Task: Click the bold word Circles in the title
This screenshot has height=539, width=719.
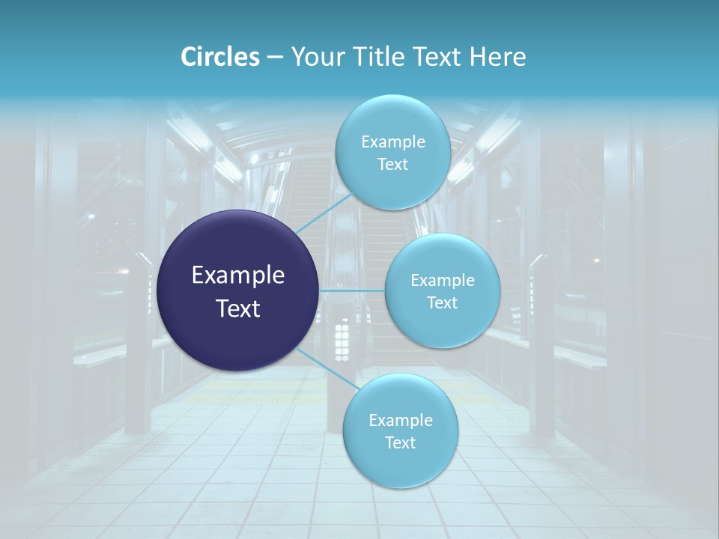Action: click(220, 57)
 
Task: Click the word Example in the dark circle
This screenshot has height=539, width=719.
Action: click(238, 275)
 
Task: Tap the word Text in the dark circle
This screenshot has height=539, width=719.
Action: click(238, 308)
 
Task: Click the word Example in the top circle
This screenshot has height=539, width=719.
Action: click(393, 142)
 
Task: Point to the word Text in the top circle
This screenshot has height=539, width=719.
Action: click(392, 165)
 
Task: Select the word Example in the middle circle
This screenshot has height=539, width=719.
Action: click(443, 281)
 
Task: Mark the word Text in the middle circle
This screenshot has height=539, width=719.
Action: click(442, 303)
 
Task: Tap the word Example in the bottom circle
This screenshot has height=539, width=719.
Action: click(401, 421)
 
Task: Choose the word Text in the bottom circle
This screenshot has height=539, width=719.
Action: click(400, 443)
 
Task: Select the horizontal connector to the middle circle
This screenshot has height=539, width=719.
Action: click(352, 290)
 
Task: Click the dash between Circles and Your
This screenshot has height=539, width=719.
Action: click(275, 58)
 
